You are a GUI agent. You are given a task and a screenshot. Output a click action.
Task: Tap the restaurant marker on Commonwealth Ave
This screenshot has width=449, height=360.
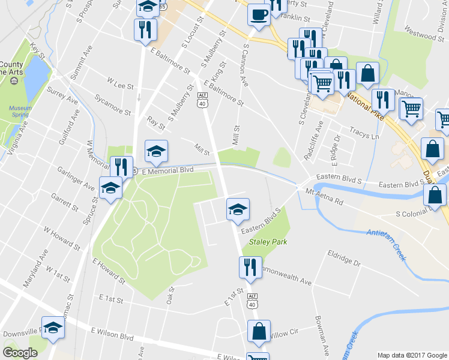(250, 268)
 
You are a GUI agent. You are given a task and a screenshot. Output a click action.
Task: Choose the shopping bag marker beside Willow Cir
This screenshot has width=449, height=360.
(259, 332)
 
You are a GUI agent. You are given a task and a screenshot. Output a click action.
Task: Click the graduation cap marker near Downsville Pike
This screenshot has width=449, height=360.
(52, 328)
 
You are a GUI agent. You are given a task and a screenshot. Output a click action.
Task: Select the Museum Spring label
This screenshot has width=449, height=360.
(20, 111)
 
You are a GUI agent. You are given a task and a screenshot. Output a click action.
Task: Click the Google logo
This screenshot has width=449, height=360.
(20, 352)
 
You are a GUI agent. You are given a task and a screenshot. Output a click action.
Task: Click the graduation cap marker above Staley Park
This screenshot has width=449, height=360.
(238, 210)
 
